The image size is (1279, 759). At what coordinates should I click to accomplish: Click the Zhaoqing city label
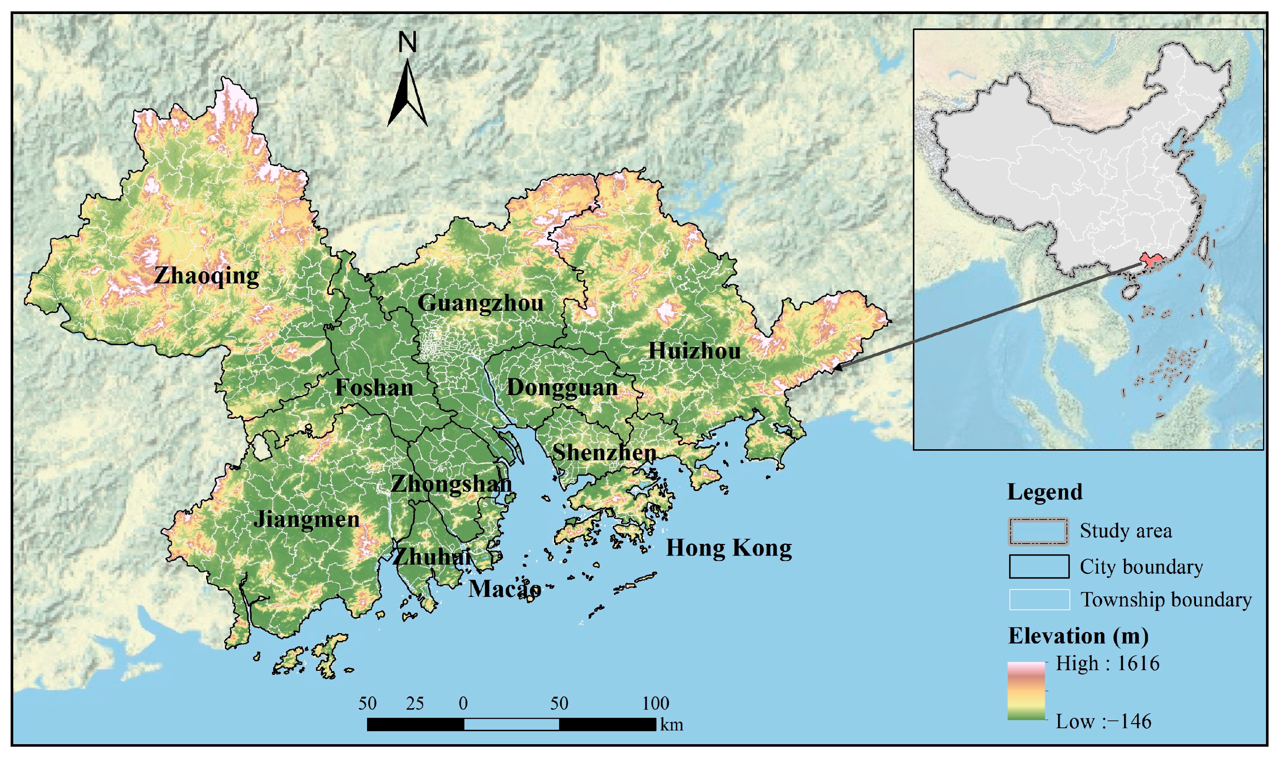click(x=206, y=276)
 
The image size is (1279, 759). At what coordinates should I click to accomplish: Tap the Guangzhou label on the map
click(x=481, y=303)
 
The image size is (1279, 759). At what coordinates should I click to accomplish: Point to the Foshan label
click(x=374, y=388)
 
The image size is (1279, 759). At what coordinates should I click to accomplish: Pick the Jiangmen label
click(x=306, y=520)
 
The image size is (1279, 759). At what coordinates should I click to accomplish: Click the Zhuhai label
click(x=431, y=557)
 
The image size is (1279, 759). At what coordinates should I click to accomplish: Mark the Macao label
click(x=504, y=589)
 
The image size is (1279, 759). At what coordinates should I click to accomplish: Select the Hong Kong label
click(x=729, y=548)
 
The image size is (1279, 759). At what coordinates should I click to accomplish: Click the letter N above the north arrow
click(x=407, y=42)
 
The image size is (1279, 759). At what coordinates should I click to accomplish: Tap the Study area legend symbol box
click(x=1038, y=531)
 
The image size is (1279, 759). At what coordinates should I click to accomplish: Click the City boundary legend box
click(x=1038, y=567)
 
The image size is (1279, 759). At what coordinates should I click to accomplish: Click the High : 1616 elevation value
click(x=1107, y=664)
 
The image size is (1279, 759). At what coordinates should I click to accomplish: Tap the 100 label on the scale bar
click(x=655, y=704)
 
